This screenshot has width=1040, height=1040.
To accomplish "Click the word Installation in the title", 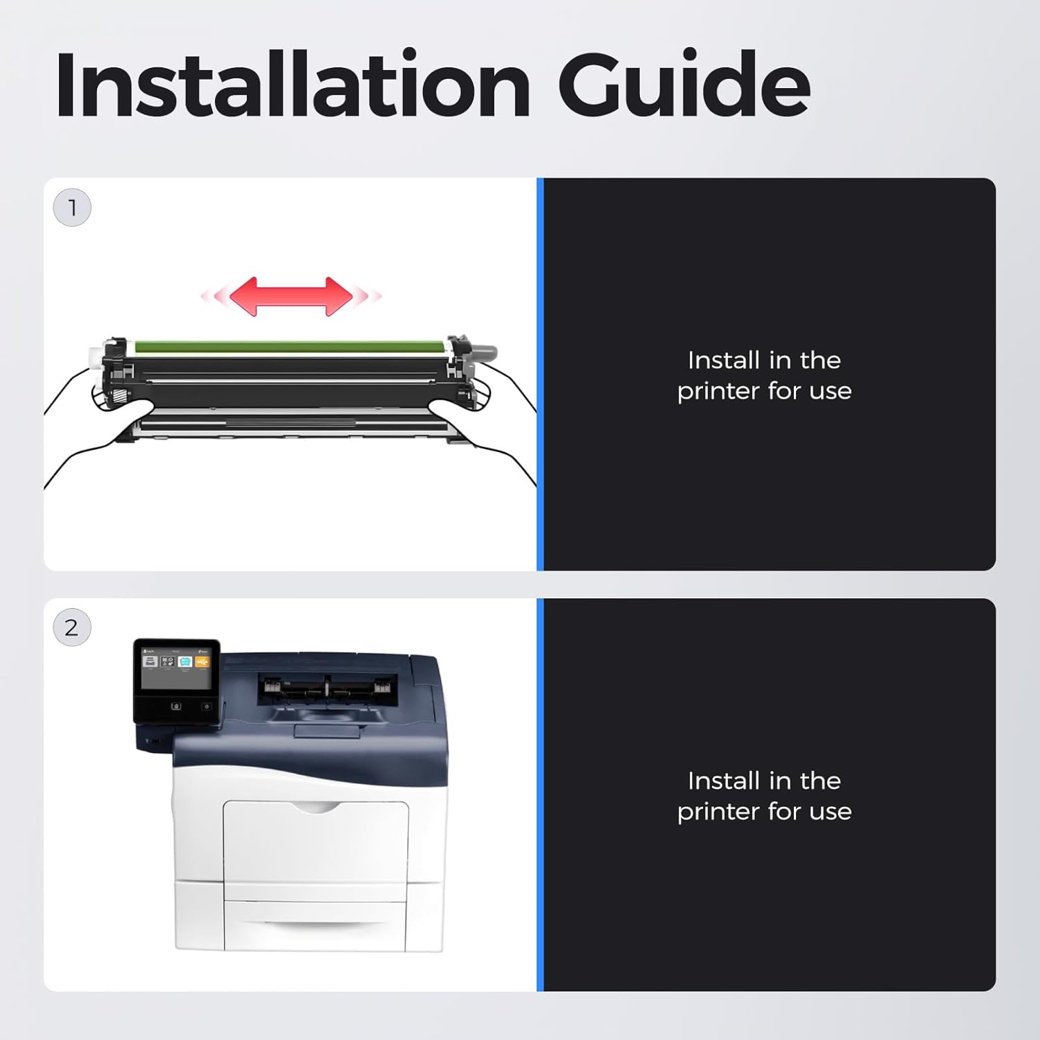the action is coord(293,85).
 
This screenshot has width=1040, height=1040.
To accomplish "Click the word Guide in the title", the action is coord(684,85).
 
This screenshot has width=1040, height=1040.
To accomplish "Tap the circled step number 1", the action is coord(72,207).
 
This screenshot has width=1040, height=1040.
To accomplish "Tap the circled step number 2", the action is coord(72,627).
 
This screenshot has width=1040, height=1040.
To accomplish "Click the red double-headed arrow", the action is coord(291,297).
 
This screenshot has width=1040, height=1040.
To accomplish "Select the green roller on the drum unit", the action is coord(290,346).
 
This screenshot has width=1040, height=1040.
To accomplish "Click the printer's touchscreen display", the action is coord(176,668).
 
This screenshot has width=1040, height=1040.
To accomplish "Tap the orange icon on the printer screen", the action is coord(202,662).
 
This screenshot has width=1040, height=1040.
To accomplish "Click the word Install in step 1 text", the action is coord(723,360).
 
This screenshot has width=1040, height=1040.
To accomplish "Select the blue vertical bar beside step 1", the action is coord(540,374).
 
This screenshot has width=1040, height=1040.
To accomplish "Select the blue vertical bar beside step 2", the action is coord(540,795).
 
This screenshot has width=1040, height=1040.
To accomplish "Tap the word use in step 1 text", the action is coord(831,392).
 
